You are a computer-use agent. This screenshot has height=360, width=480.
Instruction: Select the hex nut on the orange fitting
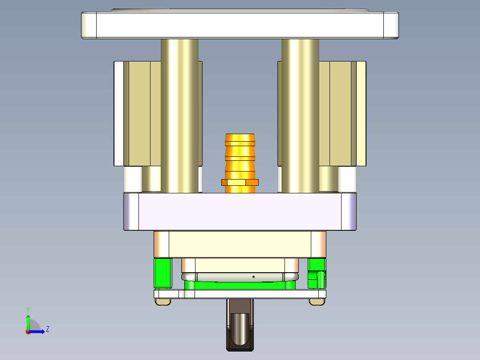click(x=240, y=182)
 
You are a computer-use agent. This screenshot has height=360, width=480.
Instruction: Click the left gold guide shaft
click(x=179, y=116)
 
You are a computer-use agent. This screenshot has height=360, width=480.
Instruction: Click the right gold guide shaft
click(x=300, y=116)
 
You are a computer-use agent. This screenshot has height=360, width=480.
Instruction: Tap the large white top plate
click(x=240, y=25)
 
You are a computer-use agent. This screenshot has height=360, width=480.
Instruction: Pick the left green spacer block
click(x=163, y=273)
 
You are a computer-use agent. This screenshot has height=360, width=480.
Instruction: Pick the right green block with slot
click(x=317, y=273)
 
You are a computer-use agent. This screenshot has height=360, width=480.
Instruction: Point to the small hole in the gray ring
click(x=253, y=277)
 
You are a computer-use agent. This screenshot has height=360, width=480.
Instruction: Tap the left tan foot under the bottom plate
click(x=163, y=302)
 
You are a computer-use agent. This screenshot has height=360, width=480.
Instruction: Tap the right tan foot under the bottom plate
click(x=317, y=302)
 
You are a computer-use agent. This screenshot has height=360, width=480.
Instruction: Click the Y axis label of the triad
click(x=28, y=309)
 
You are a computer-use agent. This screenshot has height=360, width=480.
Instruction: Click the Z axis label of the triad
click(x=47, y=329)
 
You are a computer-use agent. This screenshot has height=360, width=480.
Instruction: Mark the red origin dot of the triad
click(x=28, y=331)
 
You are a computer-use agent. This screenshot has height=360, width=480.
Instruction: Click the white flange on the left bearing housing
click(x=118, y=114)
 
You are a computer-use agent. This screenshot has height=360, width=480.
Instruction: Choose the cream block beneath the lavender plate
click(x=240, y=244)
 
